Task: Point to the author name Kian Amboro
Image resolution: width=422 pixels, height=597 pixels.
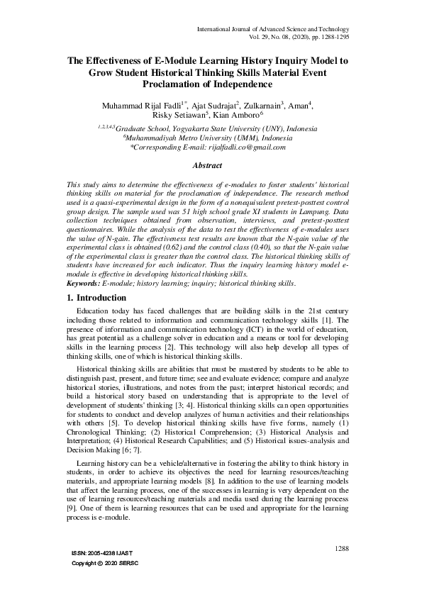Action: click(x=238, y=116)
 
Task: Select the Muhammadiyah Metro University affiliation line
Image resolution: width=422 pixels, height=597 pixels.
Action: click(x=208, y=138)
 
